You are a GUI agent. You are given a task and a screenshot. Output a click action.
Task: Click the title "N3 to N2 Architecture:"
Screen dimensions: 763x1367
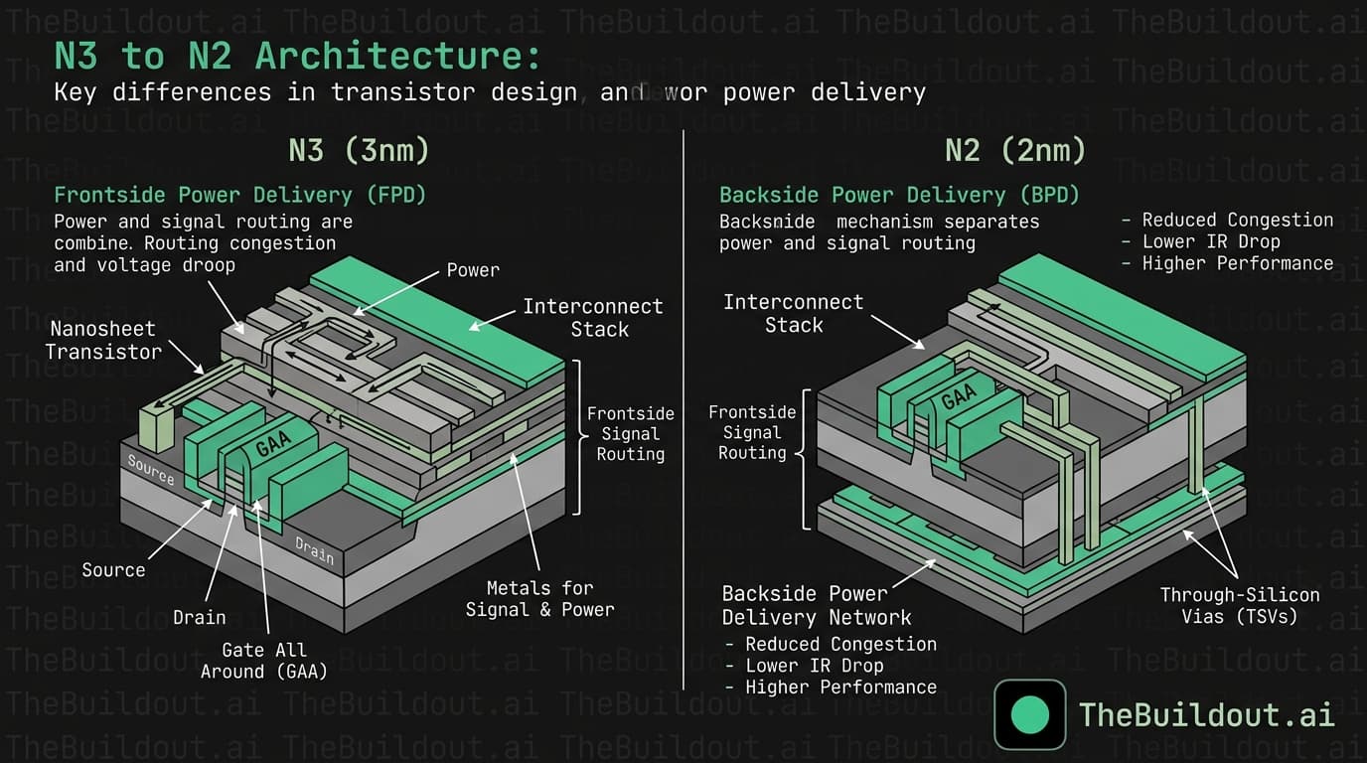[298, 57]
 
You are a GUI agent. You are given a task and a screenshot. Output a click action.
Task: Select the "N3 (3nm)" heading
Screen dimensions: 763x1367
[359, 150]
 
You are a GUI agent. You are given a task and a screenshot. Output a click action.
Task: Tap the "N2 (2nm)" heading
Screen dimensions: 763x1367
[1015, 150]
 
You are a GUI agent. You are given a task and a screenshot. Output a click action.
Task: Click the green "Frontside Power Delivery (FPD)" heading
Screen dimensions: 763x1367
[239, 195]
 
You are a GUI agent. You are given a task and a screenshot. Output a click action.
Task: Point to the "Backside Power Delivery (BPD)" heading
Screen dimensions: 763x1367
[899, 195]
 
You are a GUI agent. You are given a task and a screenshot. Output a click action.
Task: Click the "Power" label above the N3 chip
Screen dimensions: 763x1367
[473, 270]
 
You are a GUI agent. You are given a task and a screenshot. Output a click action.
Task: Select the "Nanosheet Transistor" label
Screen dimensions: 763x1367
[103, 340]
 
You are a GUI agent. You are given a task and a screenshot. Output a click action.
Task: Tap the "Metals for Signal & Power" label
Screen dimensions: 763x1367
[539, 599]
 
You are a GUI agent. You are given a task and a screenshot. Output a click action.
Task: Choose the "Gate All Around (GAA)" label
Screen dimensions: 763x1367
[263, 661]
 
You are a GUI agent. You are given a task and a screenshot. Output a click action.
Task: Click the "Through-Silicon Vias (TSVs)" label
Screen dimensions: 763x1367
[1240, 606]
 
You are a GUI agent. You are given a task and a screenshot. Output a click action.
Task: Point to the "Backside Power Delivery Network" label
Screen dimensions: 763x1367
[805, 606]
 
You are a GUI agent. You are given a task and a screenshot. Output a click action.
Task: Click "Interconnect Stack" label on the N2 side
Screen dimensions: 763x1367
[793, 313]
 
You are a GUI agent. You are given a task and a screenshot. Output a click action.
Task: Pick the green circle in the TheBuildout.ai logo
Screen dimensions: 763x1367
[1029, 714]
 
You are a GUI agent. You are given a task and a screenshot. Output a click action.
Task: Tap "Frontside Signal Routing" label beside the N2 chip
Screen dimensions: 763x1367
[751, 432]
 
